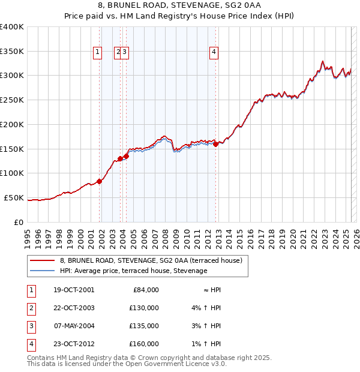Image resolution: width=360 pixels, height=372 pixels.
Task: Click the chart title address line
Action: pyautogui.click(x=179, y=6)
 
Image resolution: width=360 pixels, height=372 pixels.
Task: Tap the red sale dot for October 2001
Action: pyautogui.click(x=100, y=182)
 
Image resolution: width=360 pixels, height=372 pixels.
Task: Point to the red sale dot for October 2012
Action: pyautogui.click(x=216, y=143)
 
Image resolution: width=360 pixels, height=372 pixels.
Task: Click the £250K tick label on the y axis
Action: pyautogui.click(x=12, y=100)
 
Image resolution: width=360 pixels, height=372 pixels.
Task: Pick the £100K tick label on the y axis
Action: pyautogui.click(x=12, y=173)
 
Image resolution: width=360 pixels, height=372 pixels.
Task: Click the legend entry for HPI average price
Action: pyautogui.click(x=133, y=271)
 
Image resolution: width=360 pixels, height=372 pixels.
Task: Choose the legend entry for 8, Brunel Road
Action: pyautogui.click(x=151, y=261)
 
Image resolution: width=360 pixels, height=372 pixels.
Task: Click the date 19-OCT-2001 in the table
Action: pyautogui.click(x=74, y=290)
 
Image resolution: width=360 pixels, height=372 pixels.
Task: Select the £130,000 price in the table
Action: pyautogui.click(x=144, y=308)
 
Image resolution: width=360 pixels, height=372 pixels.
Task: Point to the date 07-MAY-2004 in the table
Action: pyautogui.click(x=74, y=326)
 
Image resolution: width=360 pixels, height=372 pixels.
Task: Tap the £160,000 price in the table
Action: pyautogui.click(x=144, y=344)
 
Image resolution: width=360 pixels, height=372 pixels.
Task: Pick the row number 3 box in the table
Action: pyautogui.click(x=30, y=326)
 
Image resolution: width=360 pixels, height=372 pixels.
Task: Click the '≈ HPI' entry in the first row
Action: pyautogui.click(x=210, y=290)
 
